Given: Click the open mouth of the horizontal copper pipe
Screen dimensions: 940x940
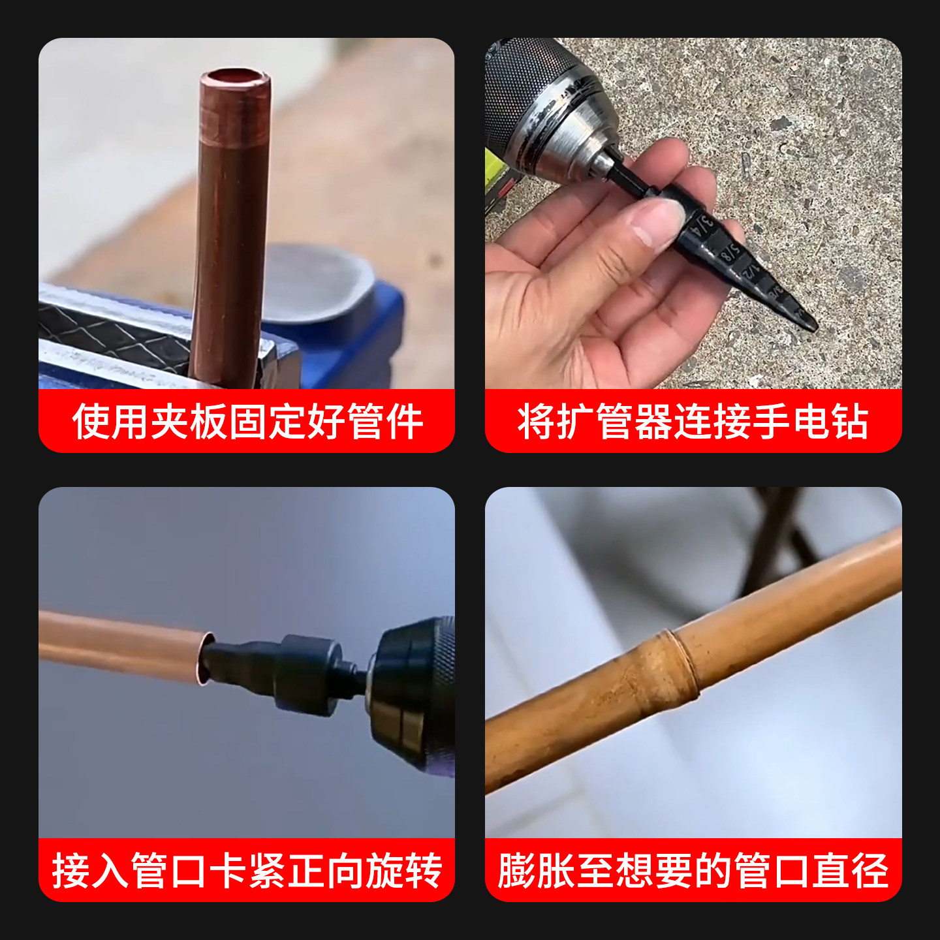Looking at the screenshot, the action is [x=206, y=658].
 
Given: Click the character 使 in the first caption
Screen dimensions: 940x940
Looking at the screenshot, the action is [x=91, y=421].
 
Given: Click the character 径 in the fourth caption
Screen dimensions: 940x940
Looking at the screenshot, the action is [x=869, y=871].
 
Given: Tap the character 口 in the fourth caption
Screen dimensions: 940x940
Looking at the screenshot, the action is [x=791, y=871].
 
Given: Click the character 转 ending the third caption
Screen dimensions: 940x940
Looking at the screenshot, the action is [x=423, y=871].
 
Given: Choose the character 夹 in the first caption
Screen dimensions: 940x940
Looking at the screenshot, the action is [x=169, y=421].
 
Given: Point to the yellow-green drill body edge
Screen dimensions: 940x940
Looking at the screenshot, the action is [x=497, y=176].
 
